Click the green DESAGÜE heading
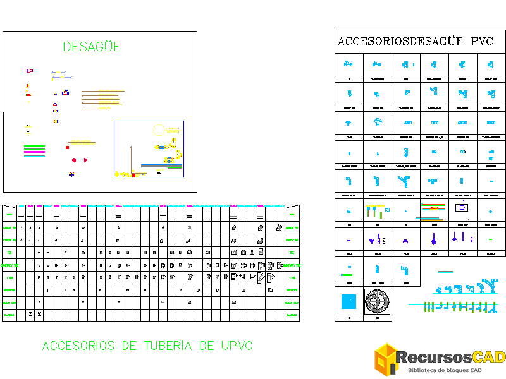tap(92, 47)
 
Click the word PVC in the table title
tap(482, 42)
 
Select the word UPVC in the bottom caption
tap(237, 346)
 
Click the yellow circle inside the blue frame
tap(159, 131)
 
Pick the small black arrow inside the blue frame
tap(158, 171)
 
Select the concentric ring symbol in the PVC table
tap(378, 301)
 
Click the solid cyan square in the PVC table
tap(349, 301)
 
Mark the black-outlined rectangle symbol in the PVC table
tap(463, 207)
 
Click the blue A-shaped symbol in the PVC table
tap(405, 240)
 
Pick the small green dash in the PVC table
tap(491, 239)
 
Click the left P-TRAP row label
tap(9, 315)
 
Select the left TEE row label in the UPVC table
tap(9, 253)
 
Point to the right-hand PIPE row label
tap(292, 215)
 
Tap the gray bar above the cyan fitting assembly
tap(445, 272)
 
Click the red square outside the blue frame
tap(67, 147)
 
